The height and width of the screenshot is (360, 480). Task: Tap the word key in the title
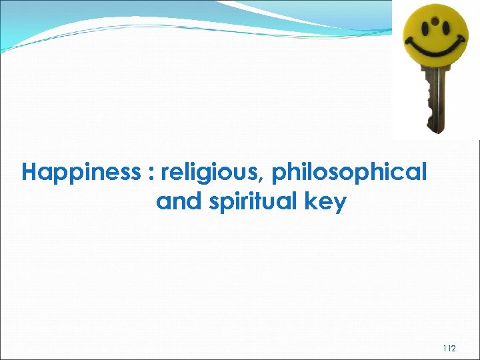(326, 202)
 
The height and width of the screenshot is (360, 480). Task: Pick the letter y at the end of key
(340, 204)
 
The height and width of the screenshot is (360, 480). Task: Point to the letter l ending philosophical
(423, 172)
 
